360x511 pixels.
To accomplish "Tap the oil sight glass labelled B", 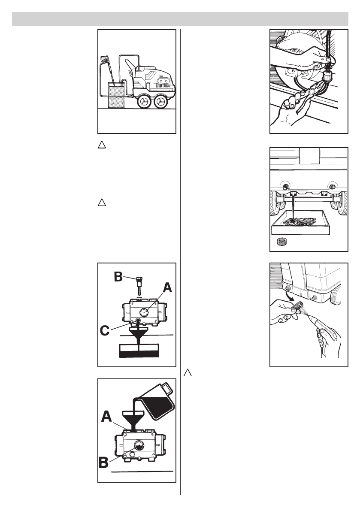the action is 139,444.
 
